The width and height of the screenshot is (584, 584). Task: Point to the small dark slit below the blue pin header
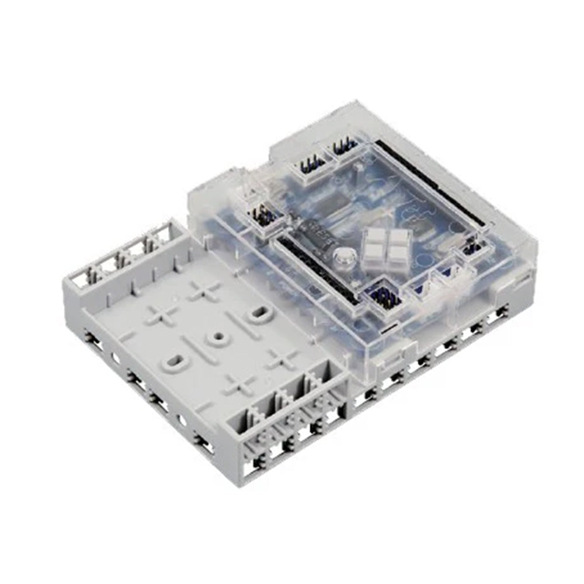click(x=386, y=331)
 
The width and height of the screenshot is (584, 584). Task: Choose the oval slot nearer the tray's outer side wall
click(x=174, y=362)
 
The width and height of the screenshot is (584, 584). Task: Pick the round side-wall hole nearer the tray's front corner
click(x=183, y=419)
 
